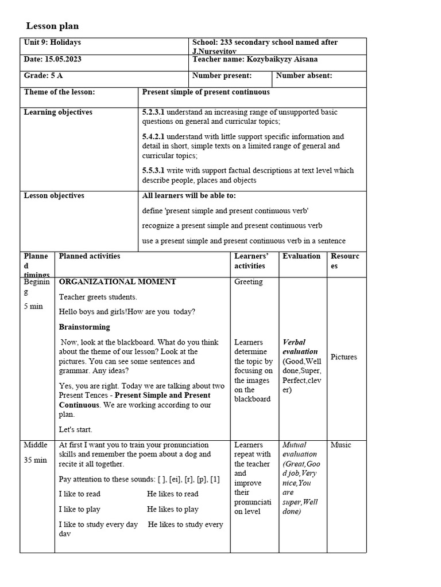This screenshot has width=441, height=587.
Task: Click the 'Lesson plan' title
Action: [x=53, y=26]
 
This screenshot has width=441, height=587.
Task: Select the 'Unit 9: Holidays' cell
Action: [x=52, y=42]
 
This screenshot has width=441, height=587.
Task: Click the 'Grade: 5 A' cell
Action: [x=44, y=76]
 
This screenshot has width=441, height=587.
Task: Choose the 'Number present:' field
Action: [x=222, y=76]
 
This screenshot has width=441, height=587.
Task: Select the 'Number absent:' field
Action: [x=304, y=76]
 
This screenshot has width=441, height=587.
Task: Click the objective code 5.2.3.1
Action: [x=153, y=112]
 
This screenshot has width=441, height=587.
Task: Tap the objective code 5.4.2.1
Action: [x=153, y=136]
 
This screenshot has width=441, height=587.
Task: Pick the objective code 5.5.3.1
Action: [x=153, y=170]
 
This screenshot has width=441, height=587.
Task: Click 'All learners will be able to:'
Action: [x=189, y=195]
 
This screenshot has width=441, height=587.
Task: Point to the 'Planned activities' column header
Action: [x=90, y=256]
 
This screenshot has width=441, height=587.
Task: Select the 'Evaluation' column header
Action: [x=301, y=256]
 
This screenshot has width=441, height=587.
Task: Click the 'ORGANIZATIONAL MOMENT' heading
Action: [x=118, y=282]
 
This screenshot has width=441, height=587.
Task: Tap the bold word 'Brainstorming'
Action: [x=84, y=327]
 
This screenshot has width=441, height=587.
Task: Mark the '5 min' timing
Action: [x=33, y=306]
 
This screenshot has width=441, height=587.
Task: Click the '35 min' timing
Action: [x=36, y=460]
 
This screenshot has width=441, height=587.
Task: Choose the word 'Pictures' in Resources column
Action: [x=344, y=357]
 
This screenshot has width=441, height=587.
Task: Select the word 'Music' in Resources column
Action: [x=341, y=445]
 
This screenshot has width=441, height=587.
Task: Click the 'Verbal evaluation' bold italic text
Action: [x=300, y=347]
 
